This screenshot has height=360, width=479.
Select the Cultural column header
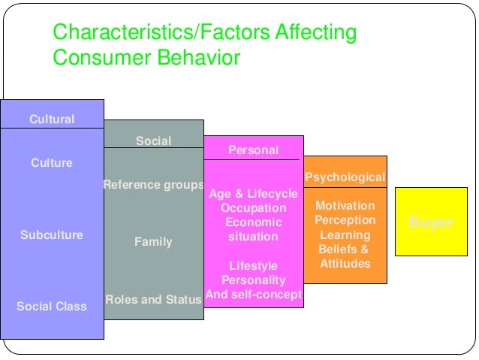tap(52, 119)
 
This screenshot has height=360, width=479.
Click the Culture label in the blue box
tap(52, 163)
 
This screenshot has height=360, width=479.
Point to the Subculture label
tap(52, 235)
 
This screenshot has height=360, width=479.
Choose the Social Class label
tap(52, 306)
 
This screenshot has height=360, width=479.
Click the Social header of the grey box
tap(153, 141)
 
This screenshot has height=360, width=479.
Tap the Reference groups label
tap(153, 185)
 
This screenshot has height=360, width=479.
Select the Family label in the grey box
tap(153, 242)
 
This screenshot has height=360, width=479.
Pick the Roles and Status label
tap(153, 300)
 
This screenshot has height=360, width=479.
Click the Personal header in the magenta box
tap(253, 150)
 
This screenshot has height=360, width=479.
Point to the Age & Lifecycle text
tap(253, 194)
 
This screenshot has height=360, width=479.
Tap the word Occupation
tap(253, 208)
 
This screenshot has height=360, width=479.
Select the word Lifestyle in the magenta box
tap(253, 266)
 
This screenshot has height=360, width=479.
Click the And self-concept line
tap(253, 295)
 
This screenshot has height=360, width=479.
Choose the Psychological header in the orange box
tap(345, 177)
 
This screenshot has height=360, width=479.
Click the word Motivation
tap(345, 206)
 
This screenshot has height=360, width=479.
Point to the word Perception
tap(345, 220)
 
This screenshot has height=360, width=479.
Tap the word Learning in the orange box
tap(345, 235)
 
